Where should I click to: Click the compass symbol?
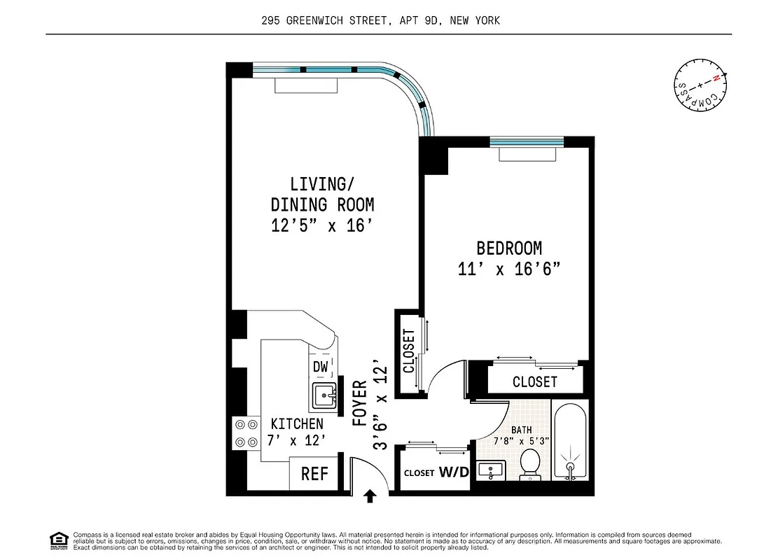pos(701,87)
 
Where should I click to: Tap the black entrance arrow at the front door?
pos(370,496)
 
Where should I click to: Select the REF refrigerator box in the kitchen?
pos(315,474)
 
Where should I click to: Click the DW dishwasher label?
pos(321,367)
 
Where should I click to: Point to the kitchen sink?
pos(324,396)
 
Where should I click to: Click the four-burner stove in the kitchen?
pos(245,433)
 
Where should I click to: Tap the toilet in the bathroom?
pos(530,465)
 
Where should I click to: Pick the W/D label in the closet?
pos(454,472)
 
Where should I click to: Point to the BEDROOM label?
pos(509,248)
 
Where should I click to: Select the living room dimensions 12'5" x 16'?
pos(322,225)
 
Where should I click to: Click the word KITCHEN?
pos(297,423)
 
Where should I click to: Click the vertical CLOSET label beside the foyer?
pos(409,351)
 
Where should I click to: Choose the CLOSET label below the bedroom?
pos(535,381)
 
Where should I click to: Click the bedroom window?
pos(527,141)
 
